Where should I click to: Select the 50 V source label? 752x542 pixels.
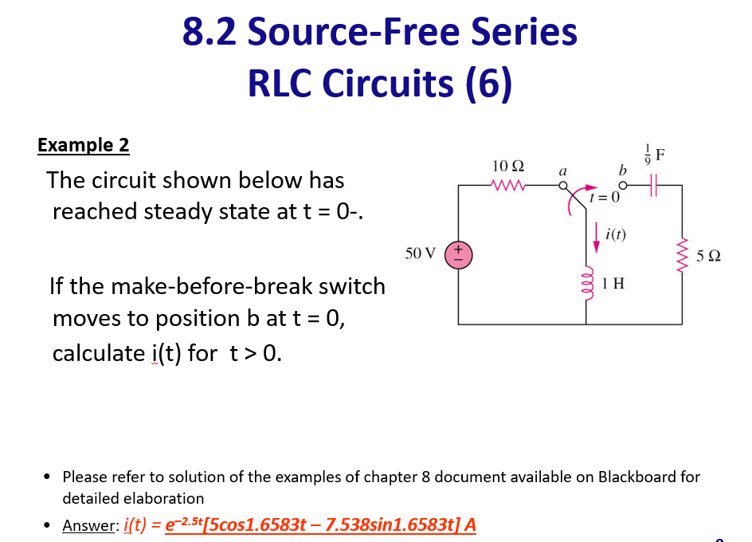pyautogui.click(x=420, y=254)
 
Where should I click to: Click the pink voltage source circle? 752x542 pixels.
pyautogui.click(x=458, y=255)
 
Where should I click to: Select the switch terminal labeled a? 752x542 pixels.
pyautogui.click(x=562, y=186)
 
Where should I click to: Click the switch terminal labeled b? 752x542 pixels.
pyautogui.click(x=623, y=186)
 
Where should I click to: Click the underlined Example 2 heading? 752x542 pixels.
pyautogui.click(x=83, y=145)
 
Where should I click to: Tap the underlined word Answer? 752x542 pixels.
pyautogui.click(x=89, y=525)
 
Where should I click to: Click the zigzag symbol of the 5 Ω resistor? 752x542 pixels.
pyautogui.click(x=682, y=256)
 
